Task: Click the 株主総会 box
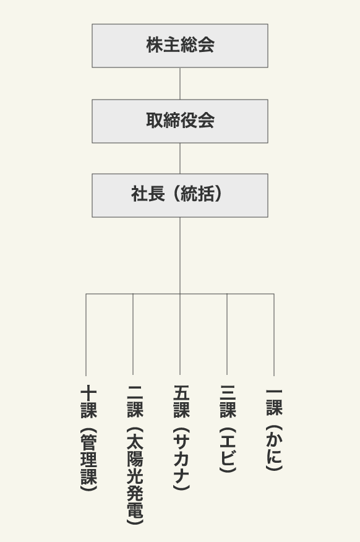coord(179,46)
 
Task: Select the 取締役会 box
coord(179,121)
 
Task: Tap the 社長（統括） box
coord(179,196)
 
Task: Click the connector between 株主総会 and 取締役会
coord(179,84)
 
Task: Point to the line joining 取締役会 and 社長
coord(179,158)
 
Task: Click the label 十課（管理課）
coord(88,437)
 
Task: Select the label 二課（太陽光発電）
coord(135,455)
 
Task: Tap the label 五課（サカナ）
coord(181,437)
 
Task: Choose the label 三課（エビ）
coord(228,428)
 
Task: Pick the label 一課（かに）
coord(274,429)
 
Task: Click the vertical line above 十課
coord(86,335)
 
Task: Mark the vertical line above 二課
coord(133,334)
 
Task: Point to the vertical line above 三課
coord(227,334)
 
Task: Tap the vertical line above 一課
coord(274,335)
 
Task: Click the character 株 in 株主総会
coord(154,45)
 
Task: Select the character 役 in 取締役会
coord(189,120)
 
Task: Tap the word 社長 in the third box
coord(148,194)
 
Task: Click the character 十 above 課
coord(88,393)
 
